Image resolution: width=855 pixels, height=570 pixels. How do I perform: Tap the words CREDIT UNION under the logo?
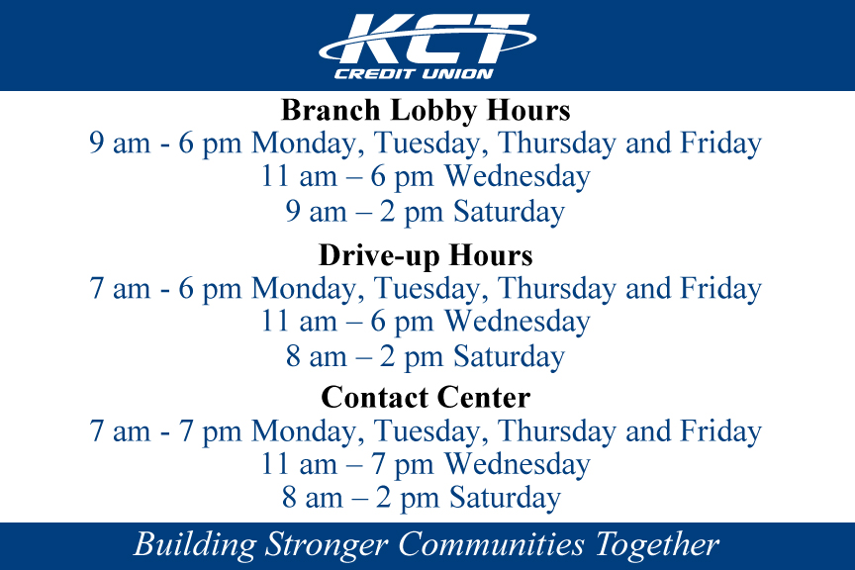coord(414,73)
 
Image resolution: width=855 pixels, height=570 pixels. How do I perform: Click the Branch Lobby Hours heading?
coord(426,110)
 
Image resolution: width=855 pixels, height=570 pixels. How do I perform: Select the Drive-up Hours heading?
coord(426,254)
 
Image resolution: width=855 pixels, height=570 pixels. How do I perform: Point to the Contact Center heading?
coord(426,397)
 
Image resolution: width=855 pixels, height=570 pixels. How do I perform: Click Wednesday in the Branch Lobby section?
coord(518,176)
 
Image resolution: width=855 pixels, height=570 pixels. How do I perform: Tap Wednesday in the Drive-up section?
coord(518,321)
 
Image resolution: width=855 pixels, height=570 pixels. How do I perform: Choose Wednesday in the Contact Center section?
coord(518,464)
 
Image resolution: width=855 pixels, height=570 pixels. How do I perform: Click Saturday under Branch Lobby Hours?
coord(510,212)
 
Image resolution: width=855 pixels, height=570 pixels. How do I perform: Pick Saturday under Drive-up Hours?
coord(510,356)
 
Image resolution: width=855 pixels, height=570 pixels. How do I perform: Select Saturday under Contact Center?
coord(505,498)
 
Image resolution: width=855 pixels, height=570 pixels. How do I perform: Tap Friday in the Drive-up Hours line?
coord(720,289)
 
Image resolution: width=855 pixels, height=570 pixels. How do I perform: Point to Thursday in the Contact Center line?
coord(557,431)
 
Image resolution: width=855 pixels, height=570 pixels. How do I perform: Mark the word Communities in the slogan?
coord(491,544)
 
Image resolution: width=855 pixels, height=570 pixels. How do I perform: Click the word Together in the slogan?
coord(657,545)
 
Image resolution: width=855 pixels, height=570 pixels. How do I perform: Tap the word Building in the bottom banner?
coord(195,545)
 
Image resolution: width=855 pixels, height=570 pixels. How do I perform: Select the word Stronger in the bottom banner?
coord(327,545)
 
